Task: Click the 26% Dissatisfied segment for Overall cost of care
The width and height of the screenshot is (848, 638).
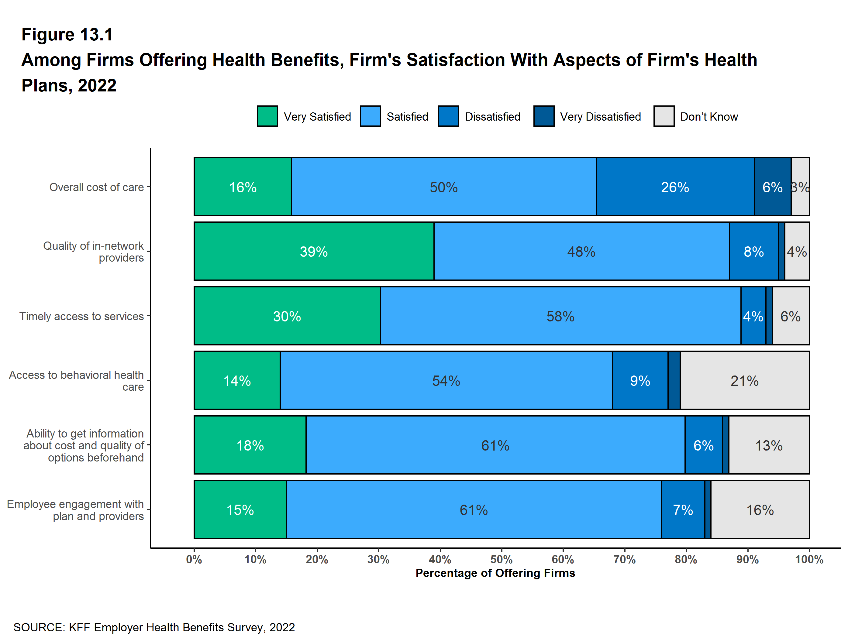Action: [675, 187]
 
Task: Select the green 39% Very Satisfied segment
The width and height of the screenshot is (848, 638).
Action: [314, 251]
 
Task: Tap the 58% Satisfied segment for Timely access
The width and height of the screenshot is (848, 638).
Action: [560, 316]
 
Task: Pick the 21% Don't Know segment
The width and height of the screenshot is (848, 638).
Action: [744, 380]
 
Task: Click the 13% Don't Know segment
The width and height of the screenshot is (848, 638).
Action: [769, 445]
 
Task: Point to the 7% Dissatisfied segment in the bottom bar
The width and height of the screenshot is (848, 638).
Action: [683, 509]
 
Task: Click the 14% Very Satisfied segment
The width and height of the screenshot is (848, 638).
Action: [237, 380]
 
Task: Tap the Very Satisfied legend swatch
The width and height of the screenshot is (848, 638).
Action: [267, 116]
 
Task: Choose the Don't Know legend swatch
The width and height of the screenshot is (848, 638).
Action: [664, 116]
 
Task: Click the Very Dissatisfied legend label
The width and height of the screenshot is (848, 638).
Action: [600, 116]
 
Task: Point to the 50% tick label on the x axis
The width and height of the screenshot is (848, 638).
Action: [502, 559]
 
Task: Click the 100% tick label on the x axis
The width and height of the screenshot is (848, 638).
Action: [809, 559]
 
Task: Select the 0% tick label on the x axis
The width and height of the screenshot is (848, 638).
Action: [194, 559]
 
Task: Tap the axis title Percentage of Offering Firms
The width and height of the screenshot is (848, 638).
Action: [495, 573]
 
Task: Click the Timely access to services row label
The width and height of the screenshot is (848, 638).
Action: [82, 316]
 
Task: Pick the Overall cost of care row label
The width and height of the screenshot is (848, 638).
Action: [97, 187]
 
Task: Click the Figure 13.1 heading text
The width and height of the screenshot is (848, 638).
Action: [67, 35]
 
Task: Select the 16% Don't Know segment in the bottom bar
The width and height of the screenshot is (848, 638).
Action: [760, 509]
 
